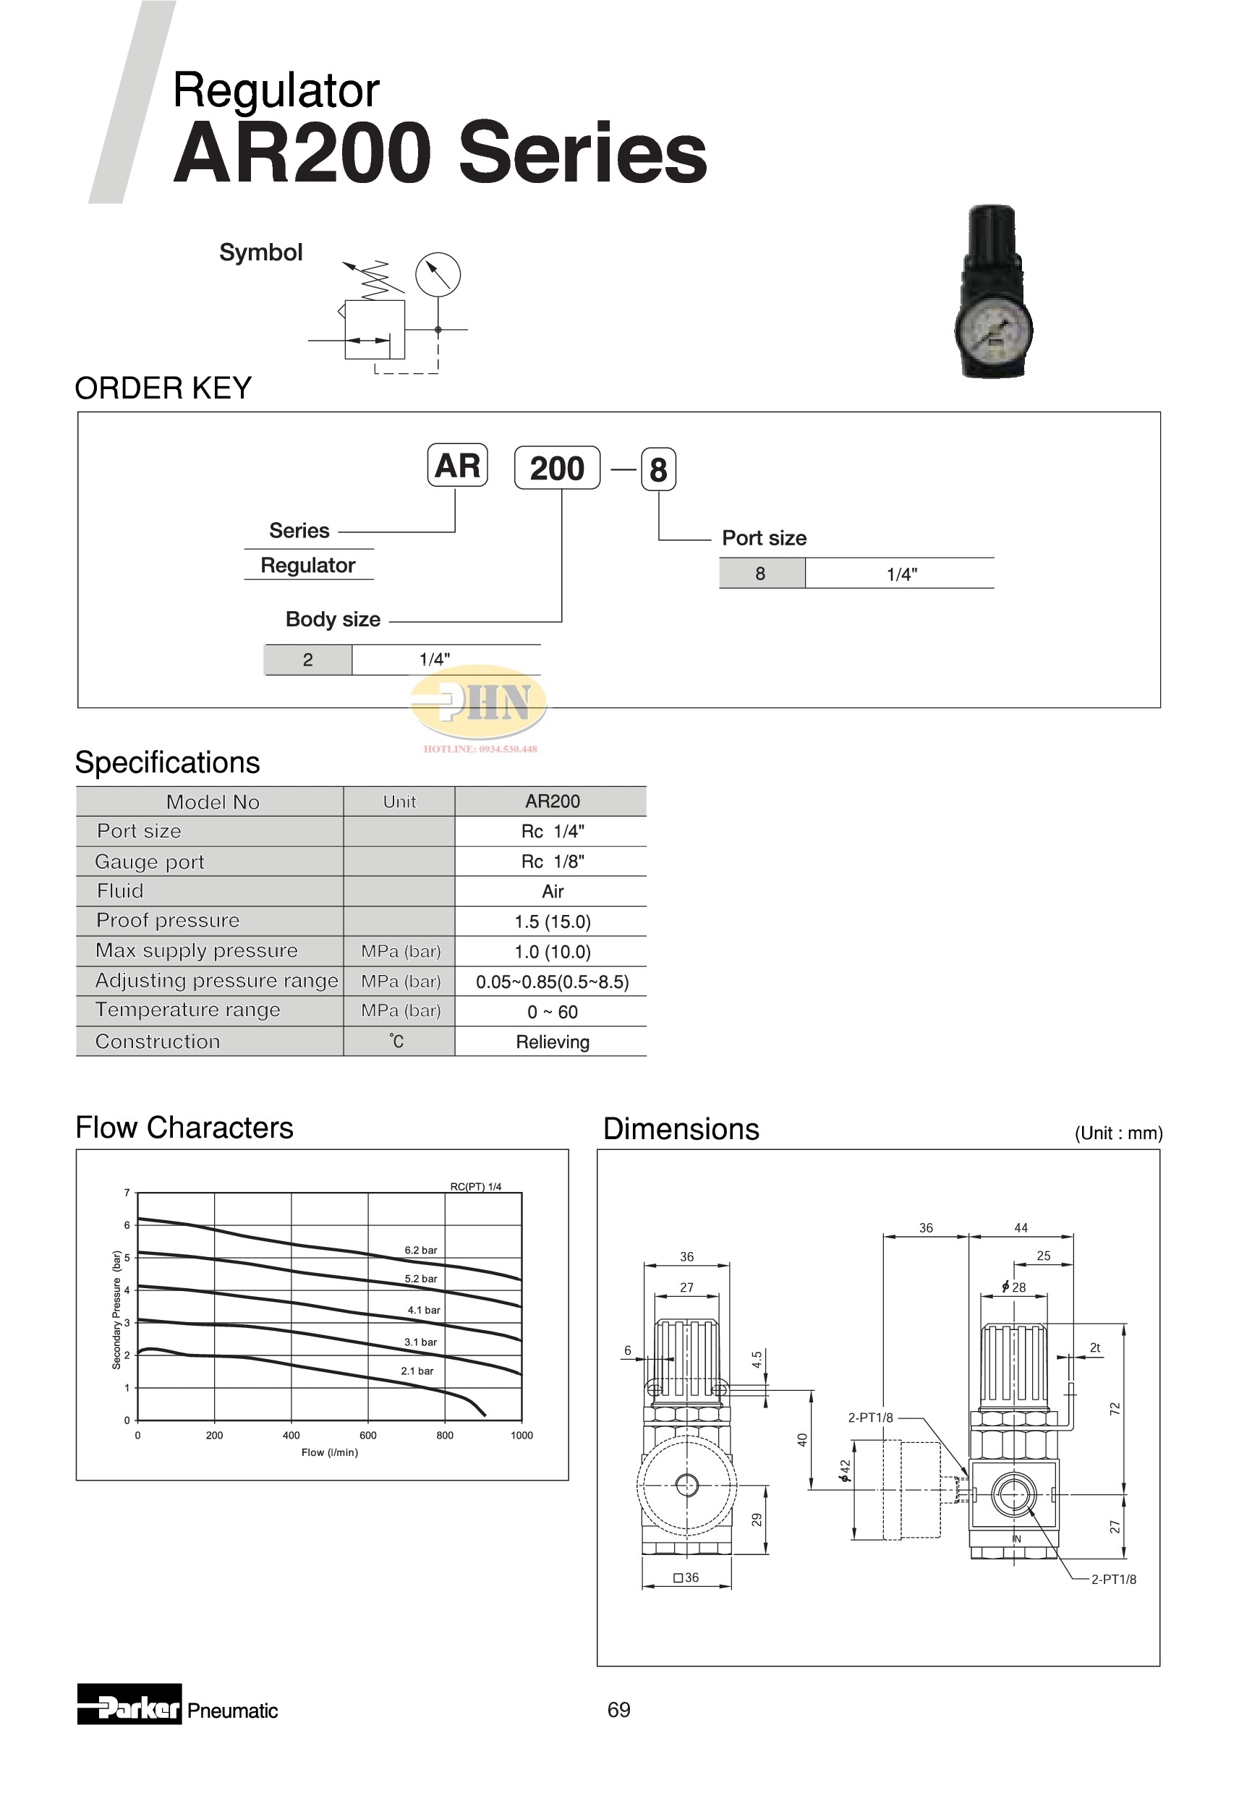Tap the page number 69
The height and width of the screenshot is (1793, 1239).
[618, 1709]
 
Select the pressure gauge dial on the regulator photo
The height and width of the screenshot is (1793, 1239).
[992, 328]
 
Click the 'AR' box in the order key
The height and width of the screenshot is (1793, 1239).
[457, 466]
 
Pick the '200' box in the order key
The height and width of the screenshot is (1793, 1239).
[557, 468]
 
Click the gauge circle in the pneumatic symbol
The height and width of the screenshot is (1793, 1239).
[438, 274]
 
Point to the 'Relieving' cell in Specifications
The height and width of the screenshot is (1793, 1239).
[552, 1042]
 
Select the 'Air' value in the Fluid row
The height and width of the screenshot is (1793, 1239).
[552, 891]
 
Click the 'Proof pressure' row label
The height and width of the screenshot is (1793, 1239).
[168, 921]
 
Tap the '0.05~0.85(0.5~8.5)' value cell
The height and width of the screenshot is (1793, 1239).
[552, 982]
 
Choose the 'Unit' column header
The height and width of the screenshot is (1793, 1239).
[399, 802]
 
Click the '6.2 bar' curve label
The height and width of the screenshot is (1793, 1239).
[421, 1251]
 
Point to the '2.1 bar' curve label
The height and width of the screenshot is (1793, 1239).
[417, 1371]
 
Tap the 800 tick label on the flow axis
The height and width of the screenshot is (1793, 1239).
[445, 1435]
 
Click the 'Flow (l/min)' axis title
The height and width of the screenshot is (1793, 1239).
[330, 1452]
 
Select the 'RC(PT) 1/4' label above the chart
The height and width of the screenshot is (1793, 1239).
[476, 1187]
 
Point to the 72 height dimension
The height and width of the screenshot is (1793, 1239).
[1115, 1408]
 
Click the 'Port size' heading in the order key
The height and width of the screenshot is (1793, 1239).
[764, 538]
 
